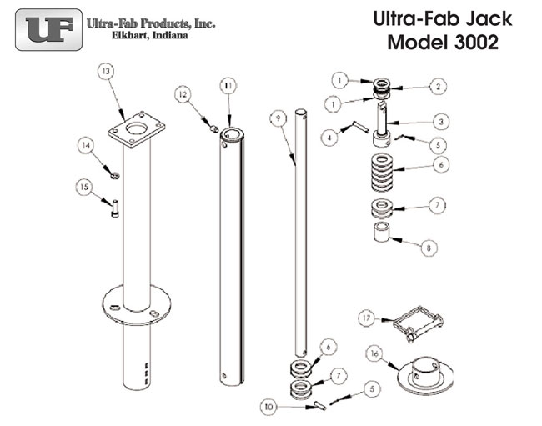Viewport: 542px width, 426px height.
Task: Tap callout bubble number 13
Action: click(105, 73)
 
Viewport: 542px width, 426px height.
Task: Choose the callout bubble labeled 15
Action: click(84, 189)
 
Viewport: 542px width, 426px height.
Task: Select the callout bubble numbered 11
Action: click(228, 85)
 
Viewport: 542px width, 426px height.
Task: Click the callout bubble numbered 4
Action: click(329, 136)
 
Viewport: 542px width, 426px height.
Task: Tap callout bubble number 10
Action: click(268, 408)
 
